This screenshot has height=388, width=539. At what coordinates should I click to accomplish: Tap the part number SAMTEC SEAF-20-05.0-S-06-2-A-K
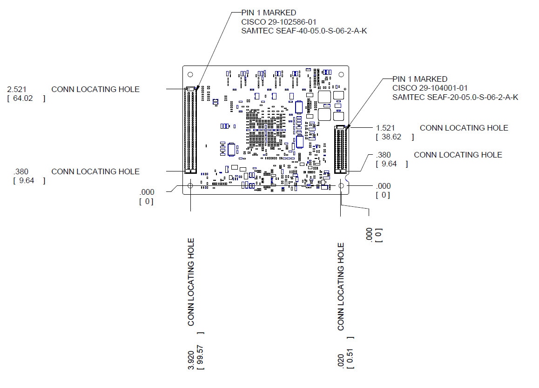455,97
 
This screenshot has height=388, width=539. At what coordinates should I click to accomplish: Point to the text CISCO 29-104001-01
430,88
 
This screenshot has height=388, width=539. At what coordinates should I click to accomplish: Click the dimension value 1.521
385,128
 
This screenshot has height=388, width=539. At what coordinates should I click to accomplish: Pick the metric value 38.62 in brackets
391,137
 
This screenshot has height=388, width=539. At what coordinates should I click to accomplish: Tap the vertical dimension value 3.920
191,360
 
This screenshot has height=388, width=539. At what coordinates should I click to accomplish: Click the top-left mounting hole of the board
190,74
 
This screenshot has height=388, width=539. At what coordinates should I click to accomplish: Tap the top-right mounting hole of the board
341,74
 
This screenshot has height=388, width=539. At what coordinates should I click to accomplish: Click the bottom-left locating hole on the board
190,186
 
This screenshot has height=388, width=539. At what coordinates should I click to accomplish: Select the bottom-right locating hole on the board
341,186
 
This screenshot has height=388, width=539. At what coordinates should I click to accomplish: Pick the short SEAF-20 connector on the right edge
341,150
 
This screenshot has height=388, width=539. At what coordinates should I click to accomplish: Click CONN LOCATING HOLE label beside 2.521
95,89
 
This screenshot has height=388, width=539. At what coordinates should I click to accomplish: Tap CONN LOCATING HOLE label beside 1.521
464,128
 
